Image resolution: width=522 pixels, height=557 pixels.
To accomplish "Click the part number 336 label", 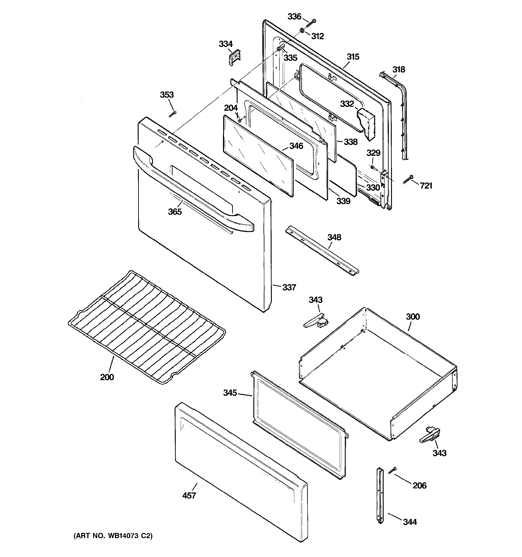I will pos(294,17).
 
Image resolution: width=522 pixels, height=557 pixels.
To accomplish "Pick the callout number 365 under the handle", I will pos(175,212).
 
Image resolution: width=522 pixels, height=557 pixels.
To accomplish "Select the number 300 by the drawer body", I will pos(413,317).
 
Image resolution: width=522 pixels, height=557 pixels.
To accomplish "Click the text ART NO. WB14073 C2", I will pos(113,536).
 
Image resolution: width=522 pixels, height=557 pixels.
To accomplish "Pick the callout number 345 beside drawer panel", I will pos(230,393).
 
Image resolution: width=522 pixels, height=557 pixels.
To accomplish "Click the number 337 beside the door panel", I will pos(289,287).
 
